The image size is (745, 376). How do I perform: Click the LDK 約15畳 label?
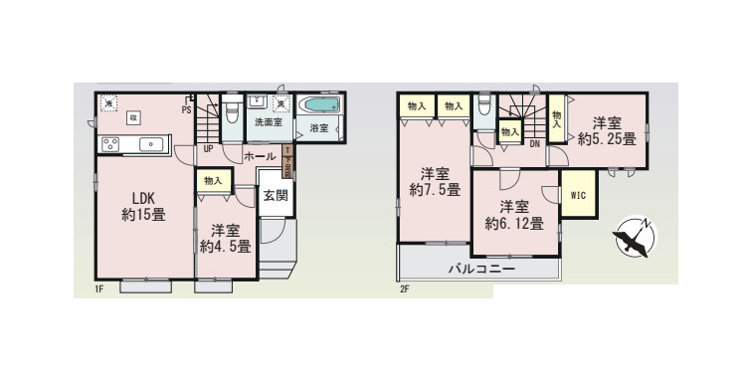point(142,204)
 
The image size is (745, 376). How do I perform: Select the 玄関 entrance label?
point(276,196)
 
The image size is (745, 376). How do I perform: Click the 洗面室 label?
point(266,124)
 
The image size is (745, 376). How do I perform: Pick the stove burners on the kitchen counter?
point(111,144)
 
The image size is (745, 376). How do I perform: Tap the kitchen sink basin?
point(149,144)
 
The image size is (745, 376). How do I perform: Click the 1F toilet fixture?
point(230,108)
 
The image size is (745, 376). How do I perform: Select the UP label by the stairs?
point(208,149)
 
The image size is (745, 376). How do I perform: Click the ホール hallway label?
point(259,157)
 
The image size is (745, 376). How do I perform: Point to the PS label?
point(186,110)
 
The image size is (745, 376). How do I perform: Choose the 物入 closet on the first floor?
point(213,180)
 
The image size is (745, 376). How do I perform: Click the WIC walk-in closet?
point(577,195)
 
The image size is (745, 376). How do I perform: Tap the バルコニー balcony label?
point(479,270)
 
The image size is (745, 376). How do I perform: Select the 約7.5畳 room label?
point(433,180)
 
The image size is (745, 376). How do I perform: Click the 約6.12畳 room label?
point(514,215)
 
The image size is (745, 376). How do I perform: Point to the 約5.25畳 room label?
point(607,131)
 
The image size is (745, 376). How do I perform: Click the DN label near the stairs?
point(534,144)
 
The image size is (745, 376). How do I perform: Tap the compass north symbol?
point(634,238)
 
